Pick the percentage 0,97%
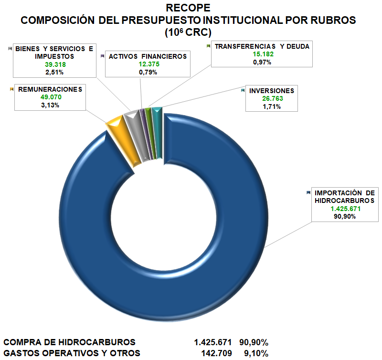[x=262, y=63]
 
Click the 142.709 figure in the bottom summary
[x=218, y=353]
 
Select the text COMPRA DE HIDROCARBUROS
[x=70, y=342]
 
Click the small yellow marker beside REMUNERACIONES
[x=11, y=89]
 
